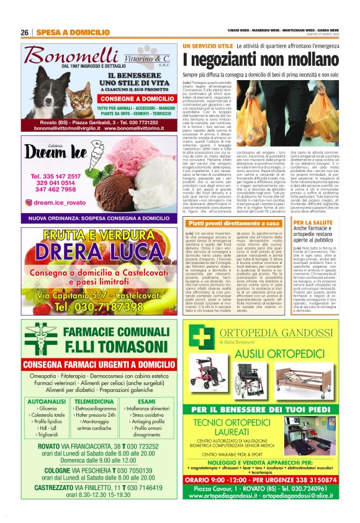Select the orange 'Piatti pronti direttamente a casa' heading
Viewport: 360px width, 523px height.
tap(227, 222)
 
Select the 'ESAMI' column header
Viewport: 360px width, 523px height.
tap(147, 402)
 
